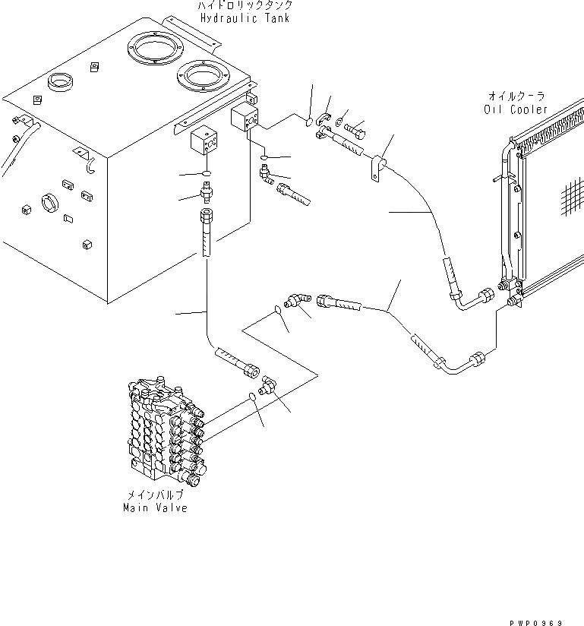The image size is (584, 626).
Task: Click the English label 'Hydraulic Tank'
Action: pyautogui.click(x=243, y=18)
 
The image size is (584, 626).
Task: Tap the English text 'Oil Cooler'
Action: pyautogui.click(x=516, y=109)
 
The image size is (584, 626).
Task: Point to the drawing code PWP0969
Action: pyautogui.click(x=536, y=621)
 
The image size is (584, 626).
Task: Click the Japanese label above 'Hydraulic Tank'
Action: pyautogui.click(x=245, y=6)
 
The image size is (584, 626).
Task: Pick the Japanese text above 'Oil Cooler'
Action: pyautogui.click(x=516, y=96)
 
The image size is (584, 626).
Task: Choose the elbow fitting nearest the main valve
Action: pyautogui.click(x=268, y=385)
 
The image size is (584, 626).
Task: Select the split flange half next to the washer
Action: pyautogui.click(x=325, y=119)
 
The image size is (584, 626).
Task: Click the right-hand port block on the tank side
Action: pyautogui.click(x=245, y=120)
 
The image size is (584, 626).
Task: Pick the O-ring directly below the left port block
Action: pyautogui.click(x=207, y=172)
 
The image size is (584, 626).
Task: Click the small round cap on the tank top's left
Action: pyautogui.click(x=59, y=81)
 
